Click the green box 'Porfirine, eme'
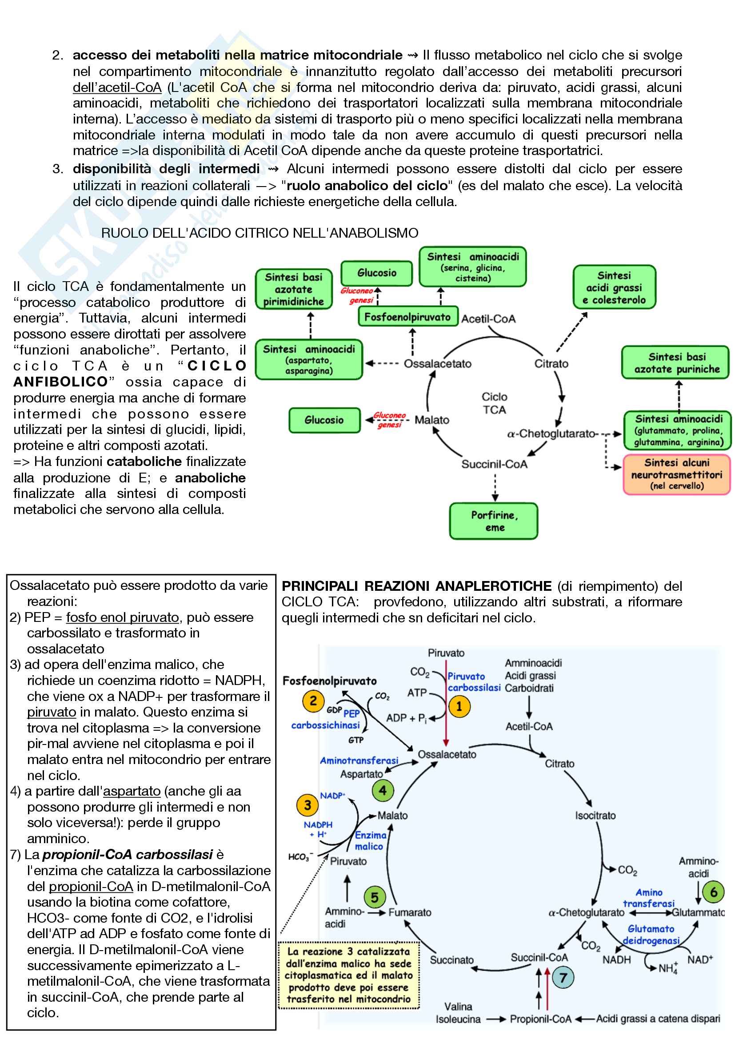494,521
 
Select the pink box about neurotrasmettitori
677,474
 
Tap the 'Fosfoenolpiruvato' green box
407,317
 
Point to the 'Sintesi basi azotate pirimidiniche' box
293,289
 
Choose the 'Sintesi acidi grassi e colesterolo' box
614,287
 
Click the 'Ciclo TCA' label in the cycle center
494,403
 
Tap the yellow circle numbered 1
459,706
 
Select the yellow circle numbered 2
313,701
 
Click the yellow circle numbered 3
308,805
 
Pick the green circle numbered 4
383,791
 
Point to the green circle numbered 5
375,897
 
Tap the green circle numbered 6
713,892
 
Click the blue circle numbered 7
563,977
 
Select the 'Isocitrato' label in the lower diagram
595,816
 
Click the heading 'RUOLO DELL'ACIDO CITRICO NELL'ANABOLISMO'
260,233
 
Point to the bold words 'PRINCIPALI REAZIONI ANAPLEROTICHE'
416,586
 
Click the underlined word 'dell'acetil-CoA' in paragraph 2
117,88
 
